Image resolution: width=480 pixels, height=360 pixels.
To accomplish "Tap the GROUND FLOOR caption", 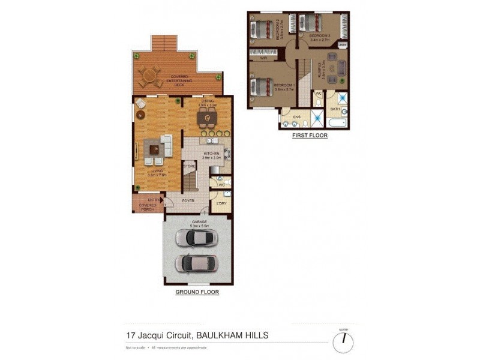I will [x=197, y=292].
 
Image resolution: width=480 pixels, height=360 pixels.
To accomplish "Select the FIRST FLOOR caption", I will [x=310, y=136].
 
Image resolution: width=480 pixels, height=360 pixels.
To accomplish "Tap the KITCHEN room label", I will [x=212, y=154].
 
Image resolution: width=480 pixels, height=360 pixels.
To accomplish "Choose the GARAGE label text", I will [x=199, y=221].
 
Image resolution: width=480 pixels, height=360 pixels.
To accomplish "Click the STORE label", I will [x=188, y=166].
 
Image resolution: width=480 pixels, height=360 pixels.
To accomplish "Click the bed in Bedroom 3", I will [x=310, y=23].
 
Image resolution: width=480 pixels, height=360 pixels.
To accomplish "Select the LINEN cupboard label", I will [x=343, y=45].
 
